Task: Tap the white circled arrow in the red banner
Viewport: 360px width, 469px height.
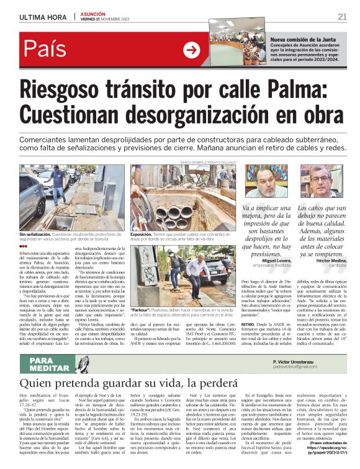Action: [x=192, y=50]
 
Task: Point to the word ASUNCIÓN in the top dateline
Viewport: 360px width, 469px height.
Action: [x=94, y=12]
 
